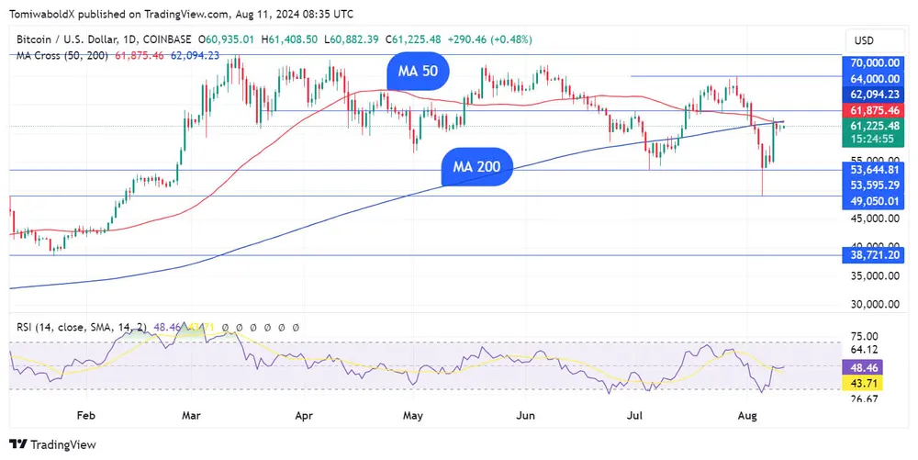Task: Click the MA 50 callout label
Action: (417, 71)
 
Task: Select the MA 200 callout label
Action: (476, 167)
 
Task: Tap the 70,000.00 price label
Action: (873, 62)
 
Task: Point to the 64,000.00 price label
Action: (873, 79)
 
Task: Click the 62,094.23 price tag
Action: (873, 95)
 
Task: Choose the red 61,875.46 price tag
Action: (873, 110)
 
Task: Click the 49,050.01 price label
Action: (873, 201)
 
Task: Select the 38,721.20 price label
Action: (873, 254)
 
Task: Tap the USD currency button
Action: (864, 40)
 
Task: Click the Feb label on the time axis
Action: (85, 416)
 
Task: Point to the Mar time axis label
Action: (191, 416)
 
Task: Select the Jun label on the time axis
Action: (525, 416)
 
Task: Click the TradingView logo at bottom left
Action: (53, 444)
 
